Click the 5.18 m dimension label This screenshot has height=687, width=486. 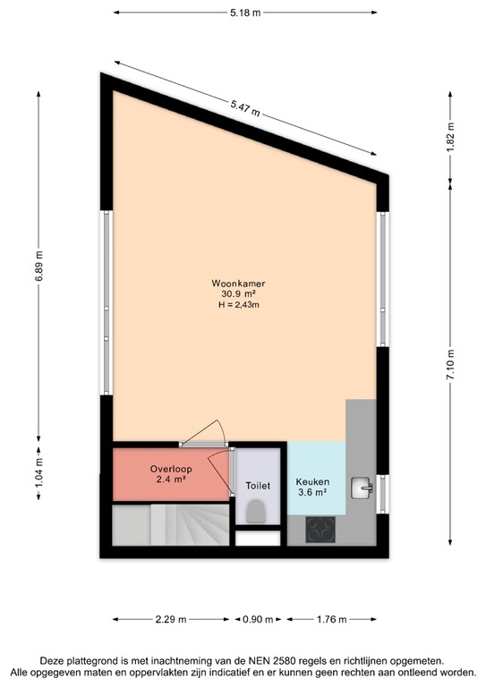click(243, 13)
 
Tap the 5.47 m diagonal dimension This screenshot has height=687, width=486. click(244, 109)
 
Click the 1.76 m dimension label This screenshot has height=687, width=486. click(332, 618)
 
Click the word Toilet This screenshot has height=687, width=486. click(257, 486)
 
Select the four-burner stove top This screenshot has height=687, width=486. click(320, 530)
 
